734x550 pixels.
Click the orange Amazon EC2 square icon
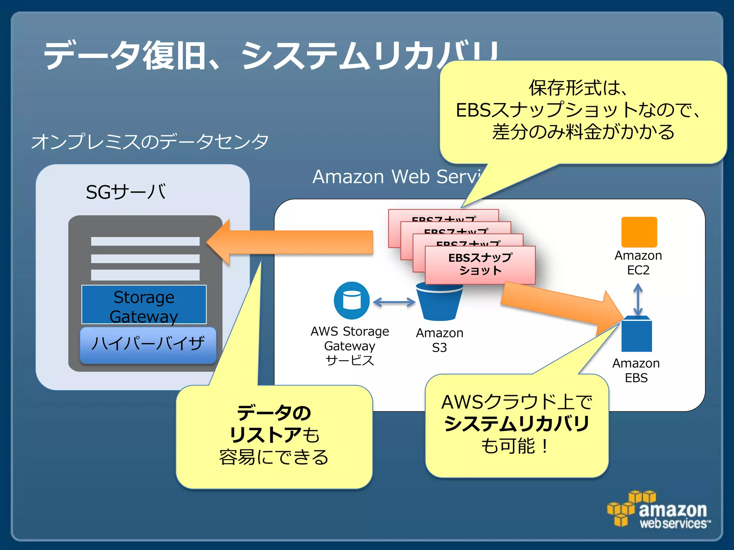click(x=639, y=232)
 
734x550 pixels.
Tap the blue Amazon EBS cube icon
click(x=637, y=334)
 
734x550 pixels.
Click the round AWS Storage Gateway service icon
click(x=352, y=300)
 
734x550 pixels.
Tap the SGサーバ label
click(x=125, y=192)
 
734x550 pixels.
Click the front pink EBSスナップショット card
click(x=480, y=265)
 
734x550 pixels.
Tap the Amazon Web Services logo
click(x=659, y=510)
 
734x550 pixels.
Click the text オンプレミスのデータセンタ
click(x=149, y=141)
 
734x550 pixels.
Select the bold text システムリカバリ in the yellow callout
click(x=516, y=424)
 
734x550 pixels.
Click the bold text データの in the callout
click(x=274, y=413)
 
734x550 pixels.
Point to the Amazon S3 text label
click(x=439, y=340)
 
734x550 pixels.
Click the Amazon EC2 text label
click(x=638, y=262)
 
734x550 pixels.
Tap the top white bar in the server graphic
click(x=145, y=241)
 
